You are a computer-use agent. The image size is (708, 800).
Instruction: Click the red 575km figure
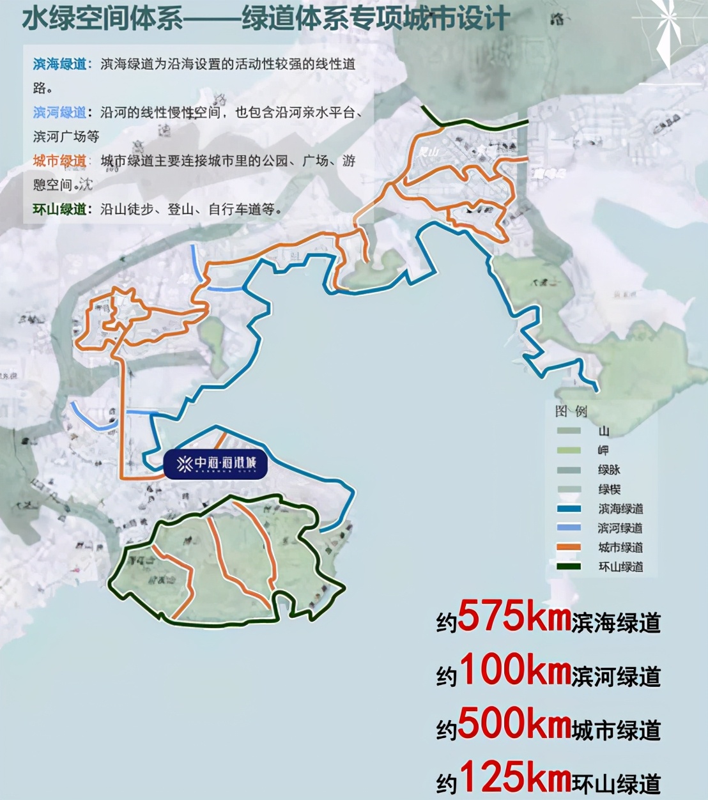tap(514, 616)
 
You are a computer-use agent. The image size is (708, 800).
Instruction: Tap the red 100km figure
tap(514, 670)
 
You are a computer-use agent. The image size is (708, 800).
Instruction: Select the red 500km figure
tap(514, 724)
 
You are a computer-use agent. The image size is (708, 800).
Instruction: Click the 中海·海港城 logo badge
tap(215, 463)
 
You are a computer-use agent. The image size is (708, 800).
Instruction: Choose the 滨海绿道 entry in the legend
tap(620, 509)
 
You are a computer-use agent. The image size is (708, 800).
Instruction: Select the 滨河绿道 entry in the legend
tap(620, 528)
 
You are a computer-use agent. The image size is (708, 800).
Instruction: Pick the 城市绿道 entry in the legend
tap(620, 548)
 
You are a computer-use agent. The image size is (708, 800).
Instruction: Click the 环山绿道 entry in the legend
tap(620, 567)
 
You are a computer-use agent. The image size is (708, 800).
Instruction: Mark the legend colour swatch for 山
tap(569, 431)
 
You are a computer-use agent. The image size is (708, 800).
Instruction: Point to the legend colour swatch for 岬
tap(569, 450)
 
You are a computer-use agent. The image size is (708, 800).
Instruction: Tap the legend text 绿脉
tap(609, 470)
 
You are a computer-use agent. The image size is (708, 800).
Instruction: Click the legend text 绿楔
tap(609, 489)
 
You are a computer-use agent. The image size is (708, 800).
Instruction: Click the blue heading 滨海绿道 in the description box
tap(59, 64)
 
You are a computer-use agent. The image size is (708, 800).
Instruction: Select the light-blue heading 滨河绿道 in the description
tap(59, 112)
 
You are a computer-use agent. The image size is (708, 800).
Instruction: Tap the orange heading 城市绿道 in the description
tap(59, 161)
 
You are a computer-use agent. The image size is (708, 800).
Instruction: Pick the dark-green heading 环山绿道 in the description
tap(59, 210)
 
